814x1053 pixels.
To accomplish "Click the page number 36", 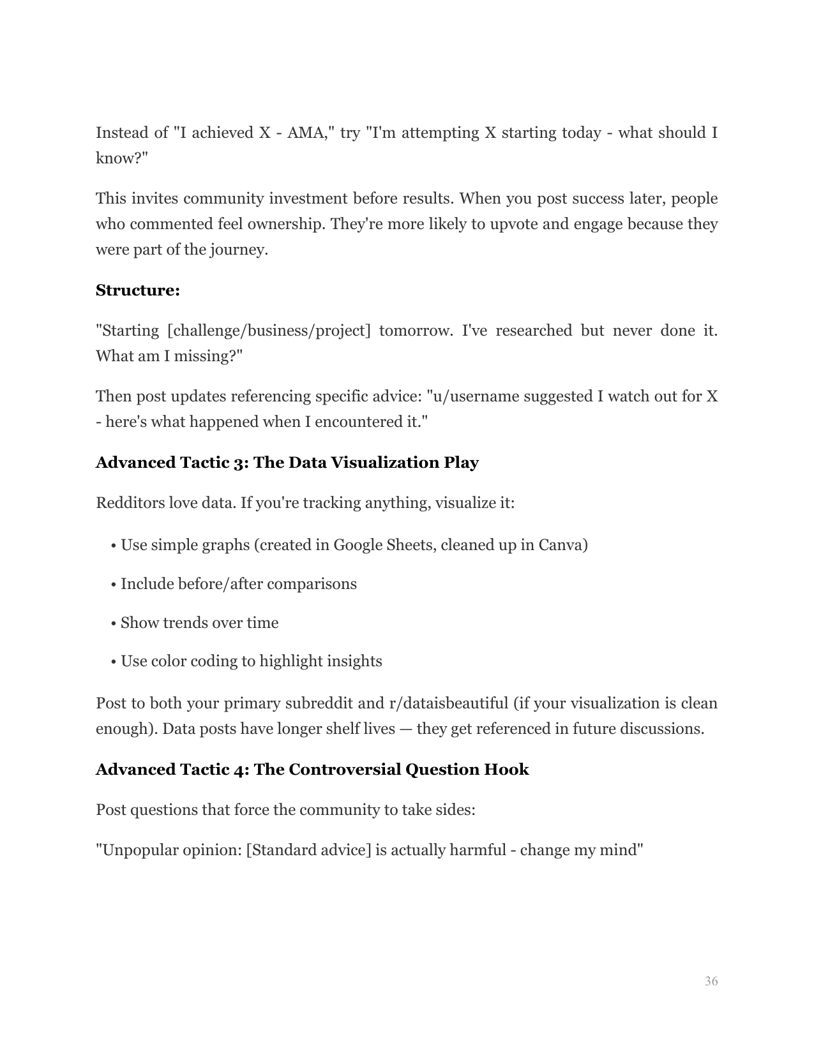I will click(711, 982).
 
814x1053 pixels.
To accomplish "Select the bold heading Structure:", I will click(137, 290).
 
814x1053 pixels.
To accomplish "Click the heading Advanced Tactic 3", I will click(287, 463).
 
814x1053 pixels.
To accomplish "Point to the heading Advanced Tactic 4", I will click(312, 770).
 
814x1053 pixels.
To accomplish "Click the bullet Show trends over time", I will click(199, 623).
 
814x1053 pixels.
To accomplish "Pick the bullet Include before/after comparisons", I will click(238, 584).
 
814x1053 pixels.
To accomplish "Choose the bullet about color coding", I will click(251, 661).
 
